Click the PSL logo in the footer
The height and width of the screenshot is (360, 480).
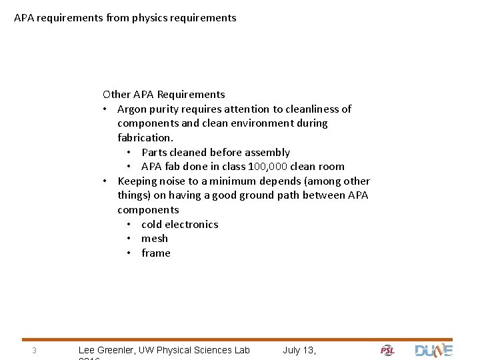[387, 351]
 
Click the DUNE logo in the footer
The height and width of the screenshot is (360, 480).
[433, 351]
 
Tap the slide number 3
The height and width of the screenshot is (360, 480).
[33, 351]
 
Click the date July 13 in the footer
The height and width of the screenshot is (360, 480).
[299, 350]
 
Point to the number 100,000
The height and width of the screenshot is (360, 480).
[267, 167]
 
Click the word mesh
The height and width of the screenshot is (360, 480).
[155, 239]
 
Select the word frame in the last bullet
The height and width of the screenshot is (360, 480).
[156, 253]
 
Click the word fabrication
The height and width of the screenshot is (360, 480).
[145, 138]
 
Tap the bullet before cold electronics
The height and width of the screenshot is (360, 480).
[128, 225]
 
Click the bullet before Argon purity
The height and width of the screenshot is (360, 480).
[105, 109]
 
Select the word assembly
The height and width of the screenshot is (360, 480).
[268, 153]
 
